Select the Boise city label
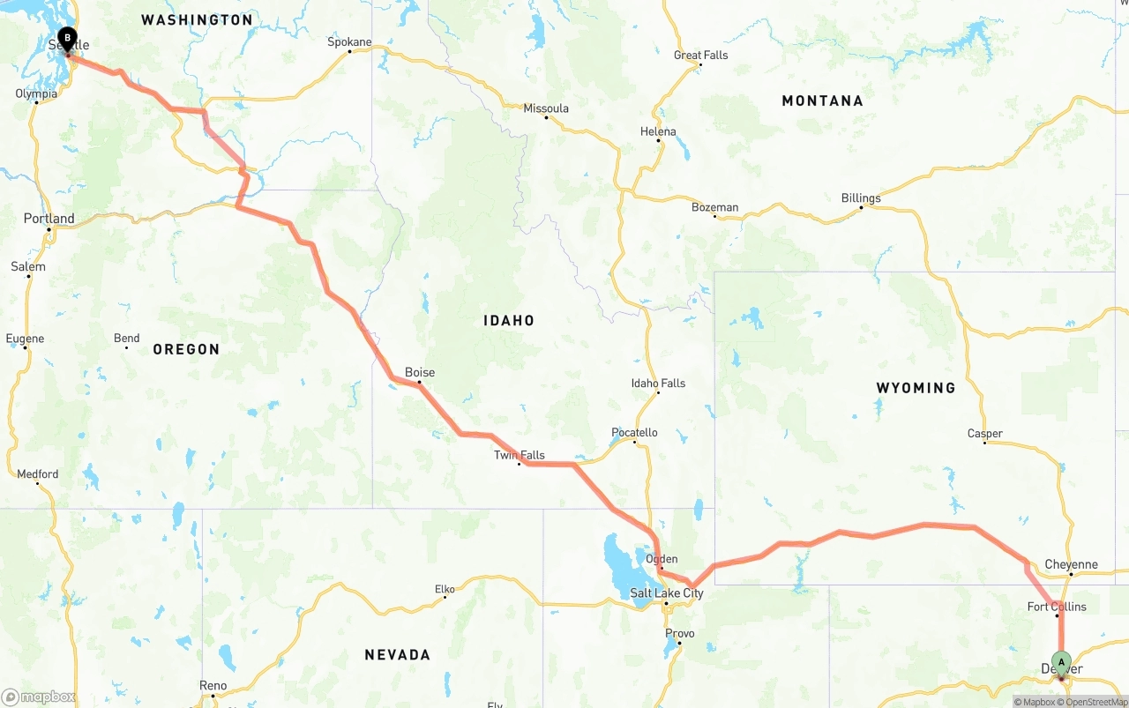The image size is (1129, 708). pyautogui.click(x=420, y=373)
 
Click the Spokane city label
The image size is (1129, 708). pyautogui.click(x=349, y=41)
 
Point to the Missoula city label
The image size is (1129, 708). pyautogui.click(x=546, y=108)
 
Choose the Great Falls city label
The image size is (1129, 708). pyautogui.click(x=701, y=55)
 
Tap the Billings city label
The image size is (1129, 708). pyautogui.click(x=861, y=197)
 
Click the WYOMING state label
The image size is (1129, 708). pyautogui.click(x=916, y=388)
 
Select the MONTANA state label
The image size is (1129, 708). pyautogui.click(x=822, y=101)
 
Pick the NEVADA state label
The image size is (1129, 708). pyautogui.click(x=398, y=655)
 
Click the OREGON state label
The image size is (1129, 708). pyautogui.click(x=186, y=350)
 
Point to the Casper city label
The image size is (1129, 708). pyautogui.click(x=984, y=433)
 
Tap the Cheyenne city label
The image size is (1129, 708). pyautogui.click(x=1071, y=564)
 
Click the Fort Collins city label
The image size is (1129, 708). pyautogui.click(x=1057, y=607)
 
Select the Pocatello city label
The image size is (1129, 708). pyautogui.click(x=634, y=432)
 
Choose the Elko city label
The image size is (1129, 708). pyautogui.click(x=445, y=589)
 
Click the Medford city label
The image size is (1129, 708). pyautogui.click(x=38, y=474)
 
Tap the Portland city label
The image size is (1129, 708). pyautogui.click(x=49, y=219)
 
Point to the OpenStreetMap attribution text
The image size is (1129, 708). pyautogui.click(x=1095, y=703)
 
